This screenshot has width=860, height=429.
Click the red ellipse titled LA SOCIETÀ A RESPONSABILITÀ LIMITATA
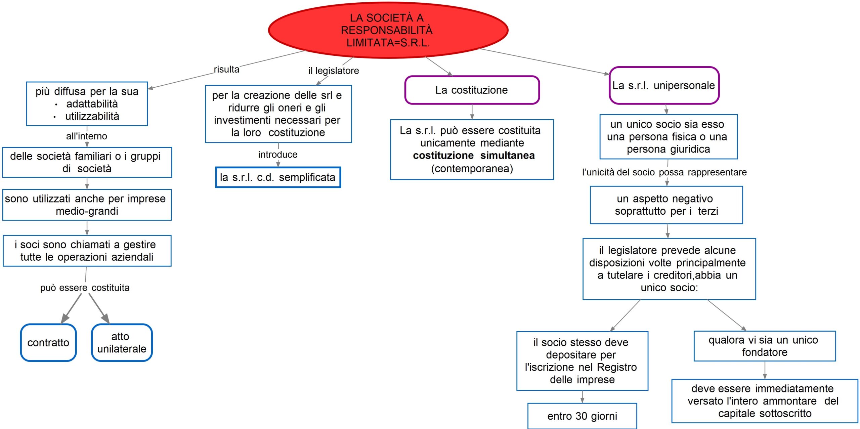[x=388, y=30]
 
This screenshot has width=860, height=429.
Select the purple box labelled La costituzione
[x=472, y=90]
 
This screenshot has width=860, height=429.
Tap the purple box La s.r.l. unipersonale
[x=664, y=86]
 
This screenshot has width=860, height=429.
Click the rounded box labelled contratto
[x=48, y=343]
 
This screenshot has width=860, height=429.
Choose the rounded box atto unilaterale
[x=122, y=343]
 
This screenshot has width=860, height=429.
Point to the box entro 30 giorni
[x=582, y=416]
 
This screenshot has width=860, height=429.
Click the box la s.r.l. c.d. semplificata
[x=278, y=177]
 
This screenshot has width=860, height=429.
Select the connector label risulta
[x=226, y=70]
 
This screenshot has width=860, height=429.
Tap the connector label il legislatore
[x=334, y=71]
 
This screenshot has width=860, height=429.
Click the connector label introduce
[x=278, y=155]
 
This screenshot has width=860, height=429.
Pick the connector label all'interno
[x=87, y=136]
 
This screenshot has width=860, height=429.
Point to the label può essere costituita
[x=85, y=288]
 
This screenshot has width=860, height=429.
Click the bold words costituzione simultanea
[x=474, y=156]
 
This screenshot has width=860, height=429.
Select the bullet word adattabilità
[x=92, y=104]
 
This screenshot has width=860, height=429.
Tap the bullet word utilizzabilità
[x=92, y=117]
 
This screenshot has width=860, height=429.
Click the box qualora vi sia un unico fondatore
[x=765, y=346]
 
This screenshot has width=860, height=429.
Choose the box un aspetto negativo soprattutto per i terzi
[x=666, y=205]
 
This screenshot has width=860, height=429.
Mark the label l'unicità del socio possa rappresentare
[x=664, y=172]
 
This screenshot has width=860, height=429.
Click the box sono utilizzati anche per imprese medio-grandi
[x=87, y=205]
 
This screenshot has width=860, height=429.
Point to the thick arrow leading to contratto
[x=72, y=308]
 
